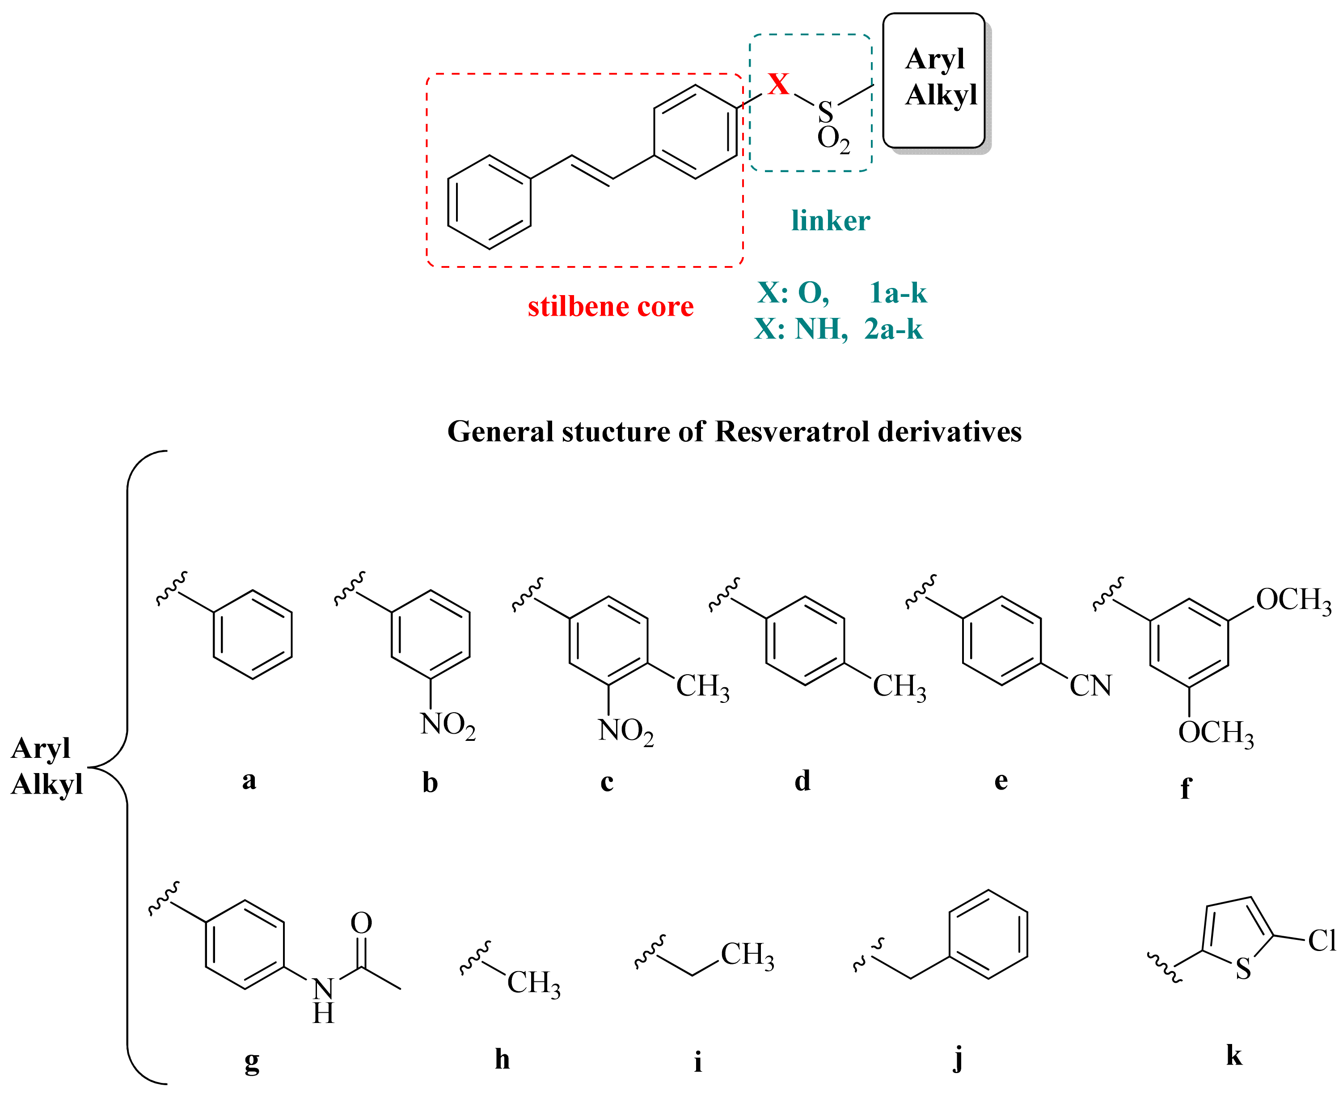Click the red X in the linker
(778, 84)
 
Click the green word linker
(830, 221)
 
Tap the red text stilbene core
(610, 306)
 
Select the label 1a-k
(897, 293)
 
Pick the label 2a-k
(893, 329)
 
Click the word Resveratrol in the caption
(792, 432)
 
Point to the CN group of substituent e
(1090, 685)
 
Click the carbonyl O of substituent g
(361, 923)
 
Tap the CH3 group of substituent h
(533, 983)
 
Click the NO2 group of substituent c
(625, 731)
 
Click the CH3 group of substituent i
(747, 955)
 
